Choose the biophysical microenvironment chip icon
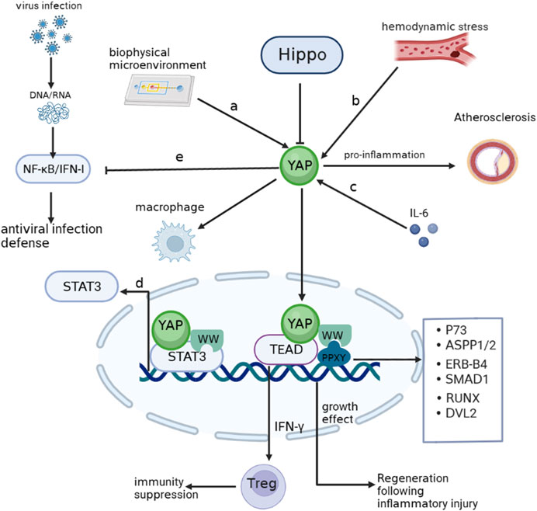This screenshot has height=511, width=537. [154, 87]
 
